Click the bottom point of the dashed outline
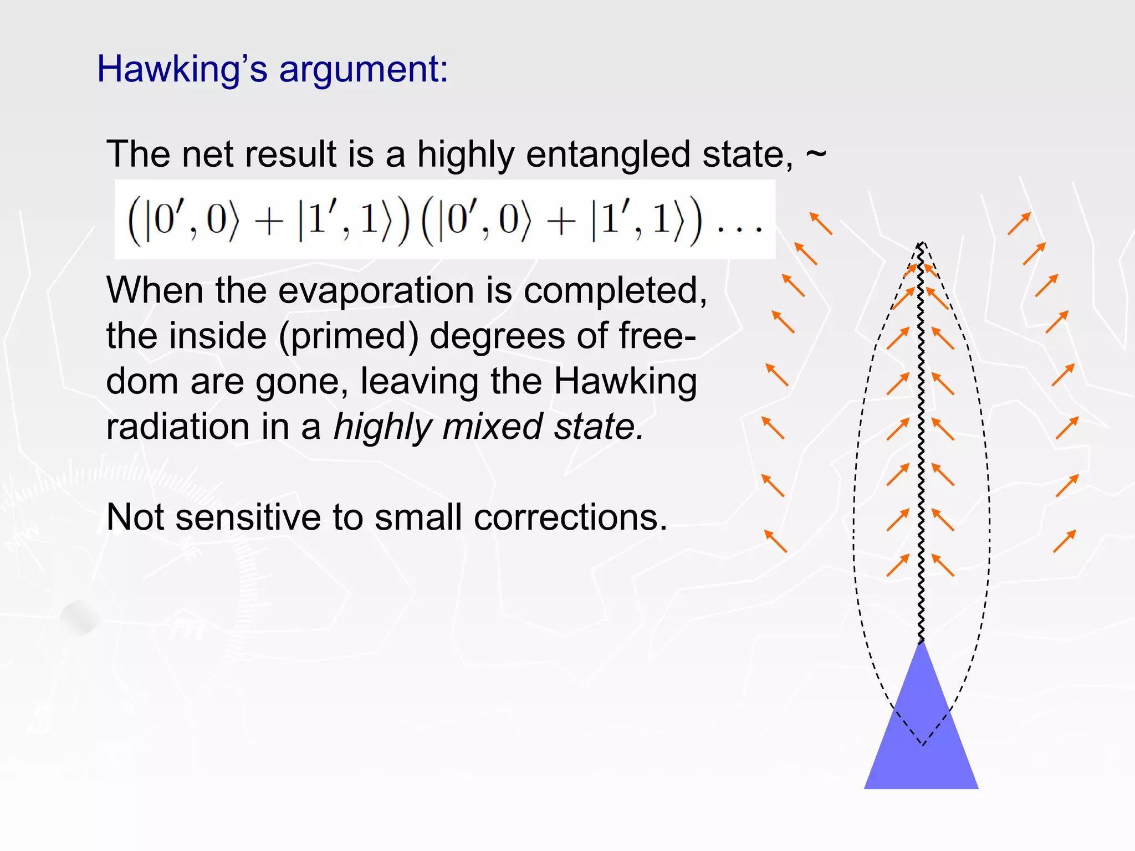tap(923, 744)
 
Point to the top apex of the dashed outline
tap(921, 243)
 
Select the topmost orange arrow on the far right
tap(1019, 223)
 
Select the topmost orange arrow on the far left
tap(821, 223)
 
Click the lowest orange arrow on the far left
tap(775, 541)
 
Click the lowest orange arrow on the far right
tap(1064, 541)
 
